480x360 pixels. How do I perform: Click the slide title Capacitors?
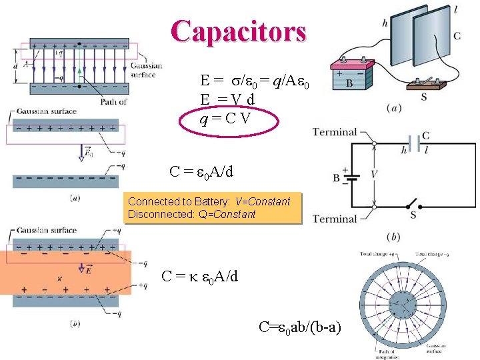239,31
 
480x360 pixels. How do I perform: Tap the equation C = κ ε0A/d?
199,276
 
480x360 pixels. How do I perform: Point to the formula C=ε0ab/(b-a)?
300,327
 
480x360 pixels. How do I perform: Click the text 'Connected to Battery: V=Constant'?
209,201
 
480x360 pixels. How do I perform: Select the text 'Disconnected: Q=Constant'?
191,214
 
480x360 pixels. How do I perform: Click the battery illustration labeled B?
349,77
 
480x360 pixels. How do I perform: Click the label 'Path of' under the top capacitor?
113,101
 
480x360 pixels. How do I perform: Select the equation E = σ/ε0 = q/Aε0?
254,81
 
